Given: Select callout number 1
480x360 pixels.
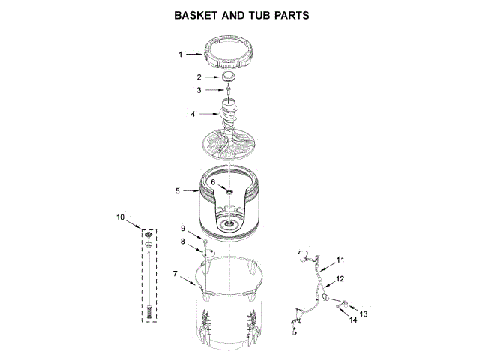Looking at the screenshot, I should click(180, 54).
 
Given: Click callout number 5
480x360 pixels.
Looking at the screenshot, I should click(178, 191).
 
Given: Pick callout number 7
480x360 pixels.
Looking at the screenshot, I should click(175, 274).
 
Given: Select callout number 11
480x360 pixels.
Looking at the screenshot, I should click(340, 259).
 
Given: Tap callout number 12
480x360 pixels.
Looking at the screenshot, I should click(340, 278).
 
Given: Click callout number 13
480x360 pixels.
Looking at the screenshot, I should click(364, 313).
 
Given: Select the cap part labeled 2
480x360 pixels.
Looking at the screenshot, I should click(229, 78).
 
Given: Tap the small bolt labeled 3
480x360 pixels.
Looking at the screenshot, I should click(228, 91).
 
